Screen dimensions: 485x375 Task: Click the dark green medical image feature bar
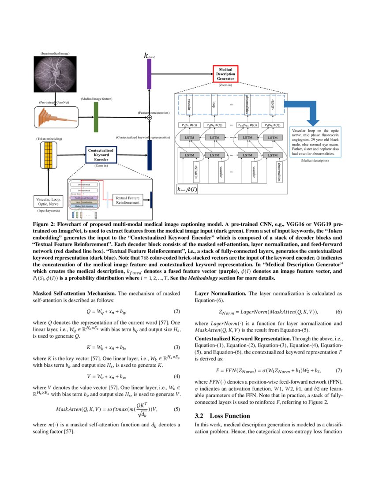point(96,118)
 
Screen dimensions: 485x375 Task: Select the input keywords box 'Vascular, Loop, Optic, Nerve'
point(49,201)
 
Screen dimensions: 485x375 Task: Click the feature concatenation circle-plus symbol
point(149,118)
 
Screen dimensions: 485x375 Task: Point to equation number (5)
point(177,409)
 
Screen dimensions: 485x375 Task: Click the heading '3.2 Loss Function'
point(222,416)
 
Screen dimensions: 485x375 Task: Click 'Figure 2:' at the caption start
point(43,224)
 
